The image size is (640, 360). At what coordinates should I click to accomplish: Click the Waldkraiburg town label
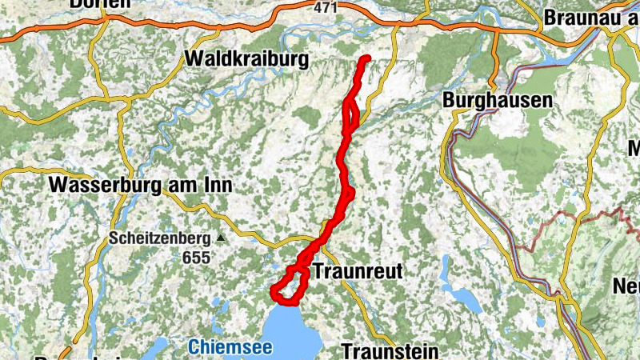click(x=246, y=59)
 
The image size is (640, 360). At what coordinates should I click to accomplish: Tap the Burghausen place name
click(x=497, y=101)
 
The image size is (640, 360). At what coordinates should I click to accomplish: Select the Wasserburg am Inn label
click(x=140, y=185)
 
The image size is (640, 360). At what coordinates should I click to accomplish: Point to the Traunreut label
click(x=358, y=271)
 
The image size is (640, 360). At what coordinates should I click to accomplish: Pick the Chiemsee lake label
click(x=230, y=348)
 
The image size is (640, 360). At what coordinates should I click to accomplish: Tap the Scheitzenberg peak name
click(x=159, y=238)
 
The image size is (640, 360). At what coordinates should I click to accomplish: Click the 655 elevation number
click(x=195, y=258)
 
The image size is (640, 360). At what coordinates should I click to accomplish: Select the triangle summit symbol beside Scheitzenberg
click(x=221, y=238)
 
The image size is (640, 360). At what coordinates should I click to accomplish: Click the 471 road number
click(x=325, y=7)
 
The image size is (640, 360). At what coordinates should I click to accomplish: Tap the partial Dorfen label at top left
click(x=100, y=4)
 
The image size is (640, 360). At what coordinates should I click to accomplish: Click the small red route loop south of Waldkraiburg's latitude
click(x=351, y=116)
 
